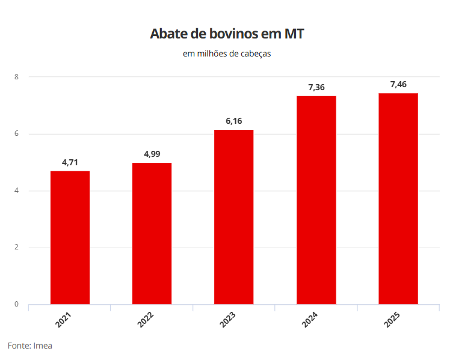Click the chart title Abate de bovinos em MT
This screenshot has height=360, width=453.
(x=227, y=34)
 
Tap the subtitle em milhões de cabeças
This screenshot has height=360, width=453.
(x=227, y=54)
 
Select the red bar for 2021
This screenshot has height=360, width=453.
(x=70, y=238)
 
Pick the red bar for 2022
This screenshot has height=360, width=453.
(x=152, y=234)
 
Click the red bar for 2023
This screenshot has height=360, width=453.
(x=234, y=217)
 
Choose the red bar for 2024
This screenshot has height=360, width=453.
(x=316, y=200)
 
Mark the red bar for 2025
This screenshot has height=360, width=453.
(x=398, y=199)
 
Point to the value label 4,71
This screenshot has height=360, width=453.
(x=70, y=162)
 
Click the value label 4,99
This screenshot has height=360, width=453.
(x=152, y=154)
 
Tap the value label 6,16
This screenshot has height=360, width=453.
(x=234, y=121)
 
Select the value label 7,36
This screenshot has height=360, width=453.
(x=316, y=88)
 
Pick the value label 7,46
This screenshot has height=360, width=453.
(x=398, y=85)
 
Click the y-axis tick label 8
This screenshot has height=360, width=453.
(x=17, y=77)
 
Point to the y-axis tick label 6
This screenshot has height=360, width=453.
(x=17, y=134)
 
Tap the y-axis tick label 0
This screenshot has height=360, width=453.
(x=17, y=304)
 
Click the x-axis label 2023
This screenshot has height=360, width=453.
(x=227, y=320)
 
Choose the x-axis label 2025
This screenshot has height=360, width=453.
(x=392, y=320)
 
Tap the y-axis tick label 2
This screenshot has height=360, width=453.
(x=17, y=248)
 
